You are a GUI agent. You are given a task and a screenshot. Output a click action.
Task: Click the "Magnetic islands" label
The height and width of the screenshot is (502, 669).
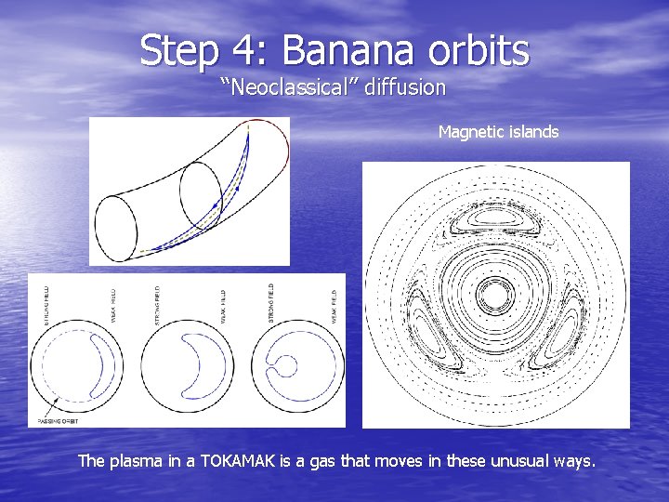click(498, 132)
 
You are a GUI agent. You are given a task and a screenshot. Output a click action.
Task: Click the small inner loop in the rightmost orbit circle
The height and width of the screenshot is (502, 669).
click(287, 365)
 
